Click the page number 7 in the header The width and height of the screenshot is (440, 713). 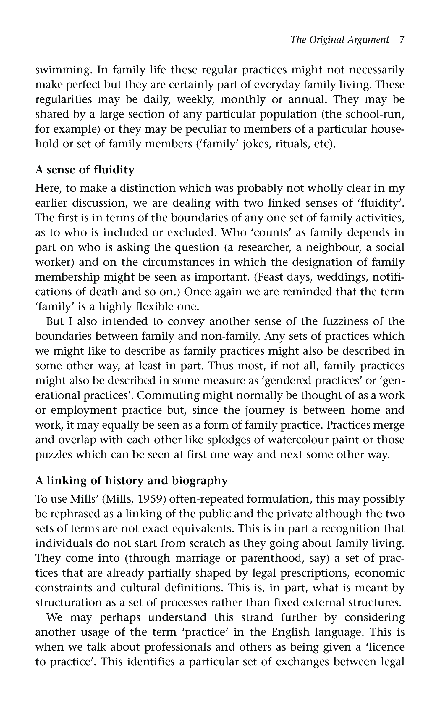(401, 40)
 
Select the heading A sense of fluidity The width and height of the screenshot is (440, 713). (85, 170)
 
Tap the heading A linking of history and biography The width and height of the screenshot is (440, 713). (132, 481)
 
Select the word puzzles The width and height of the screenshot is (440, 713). (54, 455)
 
